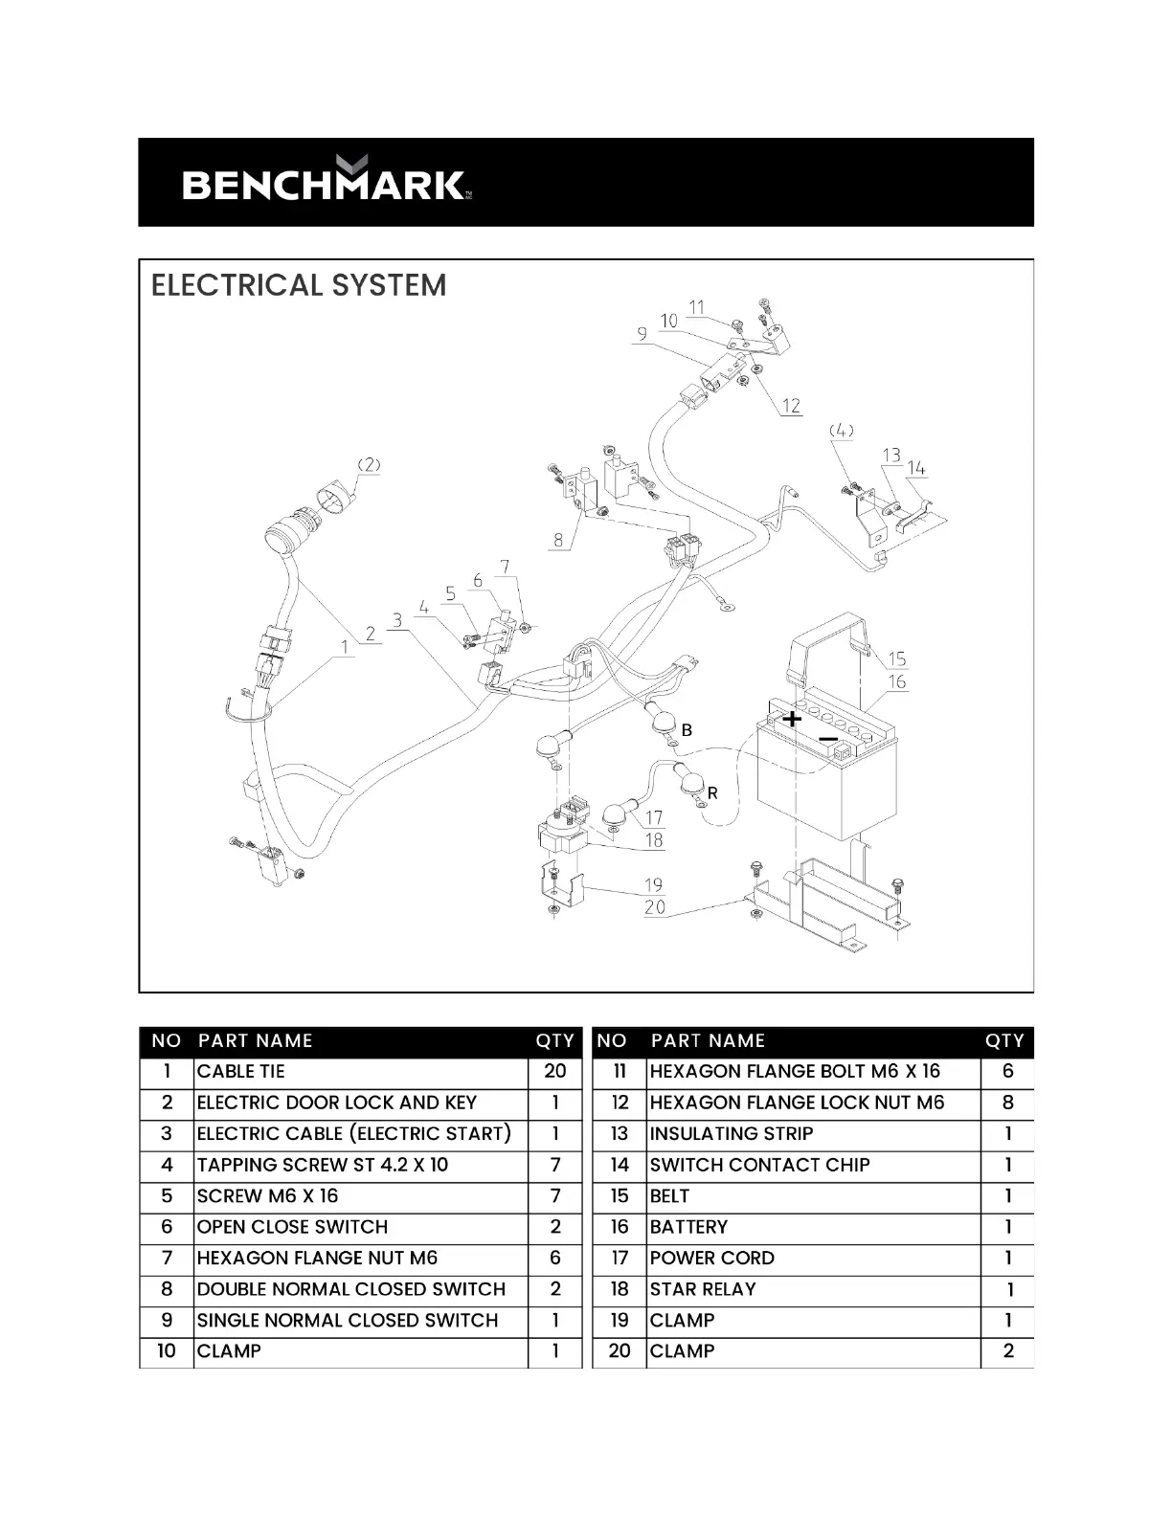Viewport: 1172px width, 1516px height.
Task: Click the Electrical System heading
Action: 299,285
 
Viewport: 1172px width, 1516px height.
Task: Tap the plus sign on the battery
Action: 792,719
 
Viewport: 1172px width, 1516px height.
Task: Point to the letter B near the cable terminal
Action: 687,730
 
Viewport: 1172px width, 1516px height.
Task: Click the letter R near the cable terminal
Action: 712,793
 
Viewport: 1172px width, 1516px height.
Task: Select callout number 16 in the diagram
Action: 896,681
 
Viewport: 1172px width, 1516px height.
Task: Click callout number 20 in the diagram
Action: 655,906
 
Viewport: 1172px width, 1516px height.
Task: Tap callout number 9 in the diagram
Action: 641,333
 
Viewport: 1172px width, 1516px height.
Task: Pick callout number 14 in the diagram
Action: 916,468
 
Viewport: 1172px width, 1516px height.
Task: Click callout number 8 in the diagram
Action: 558,540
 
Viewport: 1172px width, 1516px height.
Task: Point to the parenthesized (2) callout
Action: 369,465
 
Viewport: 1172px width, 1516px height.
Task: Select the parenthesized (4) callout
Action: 841,431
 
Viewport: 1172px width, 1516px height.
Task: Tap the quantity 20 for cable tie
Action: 555,1072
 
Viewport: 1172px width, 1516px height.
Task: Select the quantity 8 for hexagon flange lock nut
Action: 1007,1103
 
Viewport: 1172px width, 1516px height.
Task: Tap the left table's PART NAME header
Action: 256,1041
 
